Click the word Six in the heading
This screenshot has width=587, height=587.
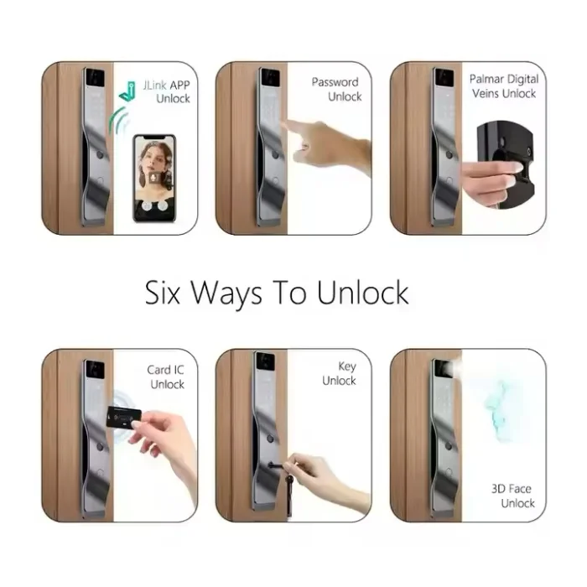point(163,293)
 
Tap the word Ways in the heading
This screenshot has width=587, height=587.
point(226,293)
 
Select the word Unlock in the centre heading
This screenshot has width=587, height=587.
point(362,292)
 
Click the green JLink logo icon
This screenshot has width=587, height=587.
point(127,91)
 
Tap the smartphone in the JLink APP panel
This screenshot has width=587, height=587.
point(154,178)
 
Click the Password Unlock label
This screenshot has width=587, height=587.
point(336,89)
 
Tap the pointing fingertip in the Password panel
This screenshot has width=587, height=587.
point(288,123)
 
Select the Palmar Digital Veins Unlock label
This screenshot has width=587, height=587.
point(504,86)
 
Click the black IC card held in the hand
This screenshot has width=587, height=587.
point(123,416)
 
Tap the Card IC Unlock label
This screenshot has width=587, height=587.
point(165,377)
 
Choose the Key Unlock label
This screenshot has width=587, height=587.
point(339,373)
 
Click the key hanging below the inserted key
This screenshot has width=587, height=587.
point(288,494)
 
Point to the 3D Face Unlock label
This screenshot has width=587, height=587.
point(513,496)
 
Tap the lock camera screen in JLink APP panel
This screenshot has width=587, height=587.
point(95,77)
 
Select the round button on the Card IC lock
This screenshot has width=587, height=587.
point(100,446)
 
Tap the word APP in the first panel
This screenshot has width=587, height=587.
point(180,86)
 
